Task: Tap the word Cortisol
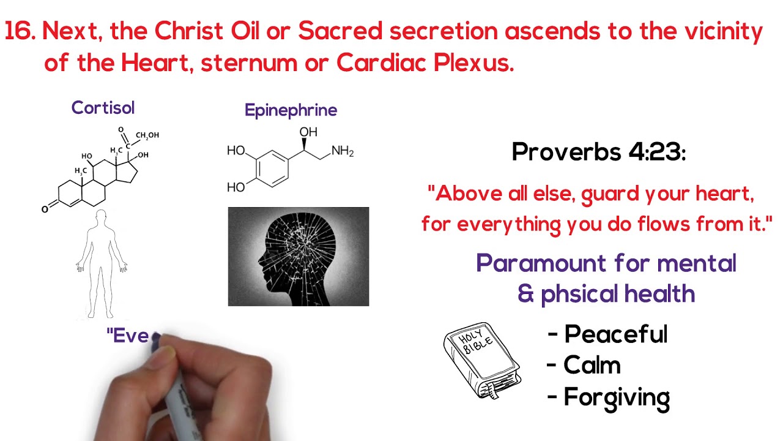point(103,108)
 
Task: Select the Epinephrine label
point(291,110)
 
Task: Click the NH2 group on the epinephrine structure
point(343,151)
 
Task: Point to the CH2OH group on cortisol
point(147,135)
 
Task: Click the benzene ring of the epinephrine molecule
point(270,167)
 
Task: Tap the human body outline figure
point(101,263)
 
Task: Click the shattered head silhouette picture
point(299,257)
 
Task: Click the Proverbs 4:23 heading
point(598,152)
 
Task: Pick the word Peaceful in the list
point(615,334)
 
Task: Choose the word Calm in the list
point(592,366)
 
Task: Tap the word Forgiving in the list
point(617,398)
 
